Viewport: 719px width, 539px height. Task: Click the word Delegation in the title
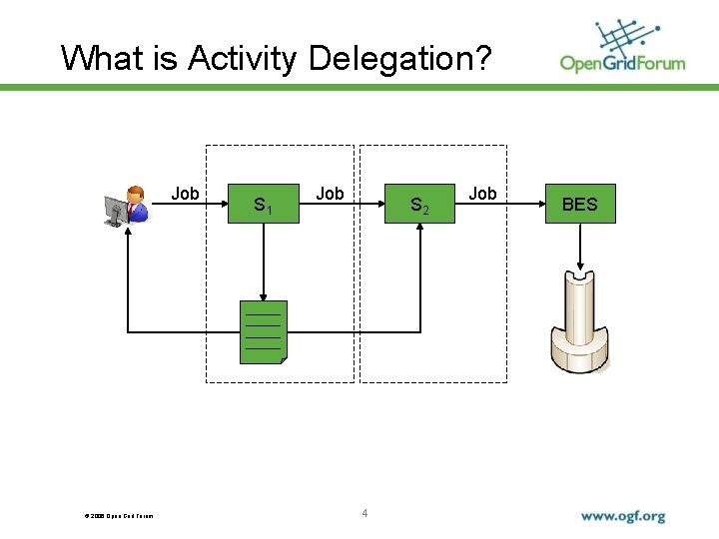(x=400, y=59)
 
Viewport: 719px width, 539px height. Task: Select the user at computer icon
(x=126, y=207)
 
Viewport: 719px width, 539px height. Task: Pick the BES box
(x=579, y=205)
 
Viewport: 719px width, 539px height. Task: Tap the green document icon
(x=264, y=331)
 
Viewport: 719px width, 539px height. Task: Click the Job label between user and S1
(x=185, y=194)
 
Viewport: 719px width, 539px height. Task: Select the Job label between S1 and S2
(x=330, y=194)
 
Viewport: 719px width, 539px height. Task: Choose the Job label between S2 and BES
(x=482, y=194)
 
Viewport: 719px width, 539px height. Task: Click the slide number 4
(x=364, y=513)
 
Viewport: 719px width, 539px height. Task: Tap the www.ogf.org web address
(x=623, y=516)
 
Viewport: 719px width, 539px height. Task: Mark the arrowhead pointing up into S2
(x=420, y=233)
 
